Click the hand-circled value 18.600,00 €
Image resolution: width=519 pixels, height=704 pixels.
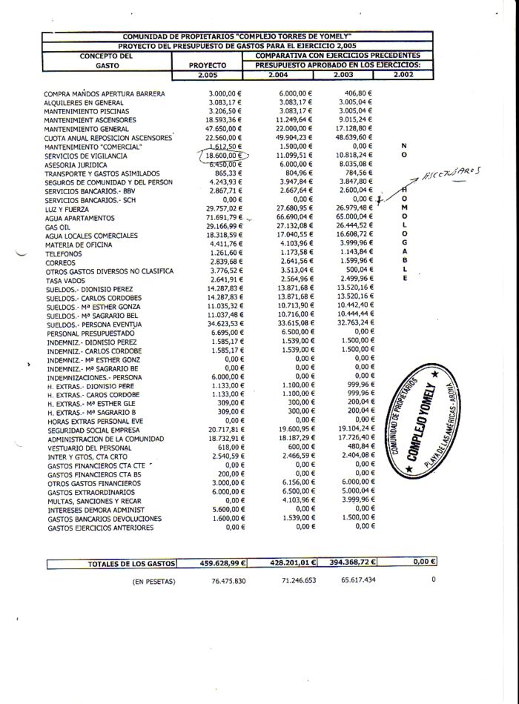click(x=225, y=156)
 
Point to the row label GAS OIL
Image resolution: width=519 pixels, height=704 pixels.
click(x=59, y=227)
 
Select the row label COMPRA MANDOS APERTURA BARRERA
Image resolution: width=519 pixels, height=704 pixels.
click(x=104, y=94)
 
